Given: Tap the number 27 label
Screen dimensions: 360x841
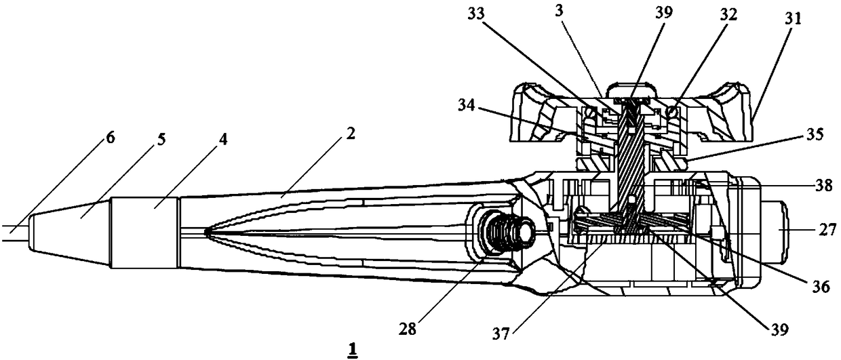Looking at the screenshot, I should (825, 232).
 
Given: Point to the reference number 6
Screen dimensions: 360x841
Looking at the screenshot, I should (109, 138).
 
